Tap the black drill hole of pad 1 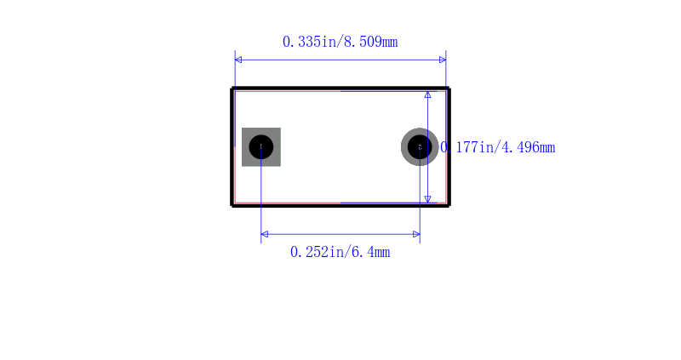[260, 147]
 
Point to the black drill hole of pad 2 [420, 147]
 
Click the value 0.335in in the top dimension [310, 42]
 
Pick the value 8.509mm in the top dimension [371, 42]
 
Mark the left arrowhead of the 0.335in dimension [238, 60]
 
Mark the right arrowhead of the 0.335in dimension [443, 60]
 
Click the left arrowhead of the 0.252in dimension [265, 234]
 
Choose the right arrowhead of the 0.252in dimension [416, 234]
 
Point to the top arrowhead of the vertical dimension [428, 95]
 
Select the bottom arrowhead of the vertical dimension [428, 199]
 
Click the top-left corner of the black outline [232, 89]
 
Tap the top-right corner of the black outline [449, 89]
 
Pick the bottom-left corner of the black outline [232, 205]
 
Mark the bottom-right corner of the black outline [449, 205]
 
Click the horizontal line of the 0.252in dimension [340, 234]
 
